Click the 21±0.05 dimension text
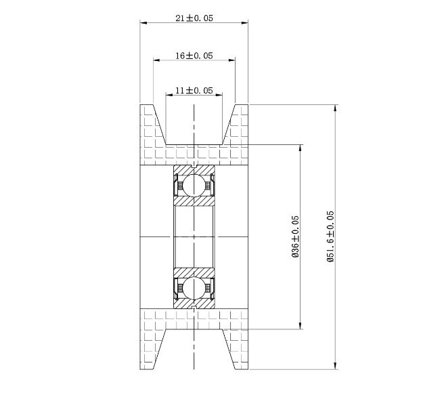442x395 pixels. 194,18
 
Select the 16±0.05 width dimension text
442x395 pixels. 194,56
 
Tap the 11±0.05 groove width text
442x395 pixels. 194,90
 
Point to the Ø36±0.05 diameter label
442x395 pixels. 295,236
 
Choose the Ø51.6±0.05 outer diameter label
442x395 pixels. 330,236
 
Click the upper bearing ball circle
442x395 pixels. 194,184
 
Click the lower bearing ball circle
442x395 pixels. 194,288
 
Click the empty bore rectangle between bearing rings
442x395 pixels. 194,236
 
